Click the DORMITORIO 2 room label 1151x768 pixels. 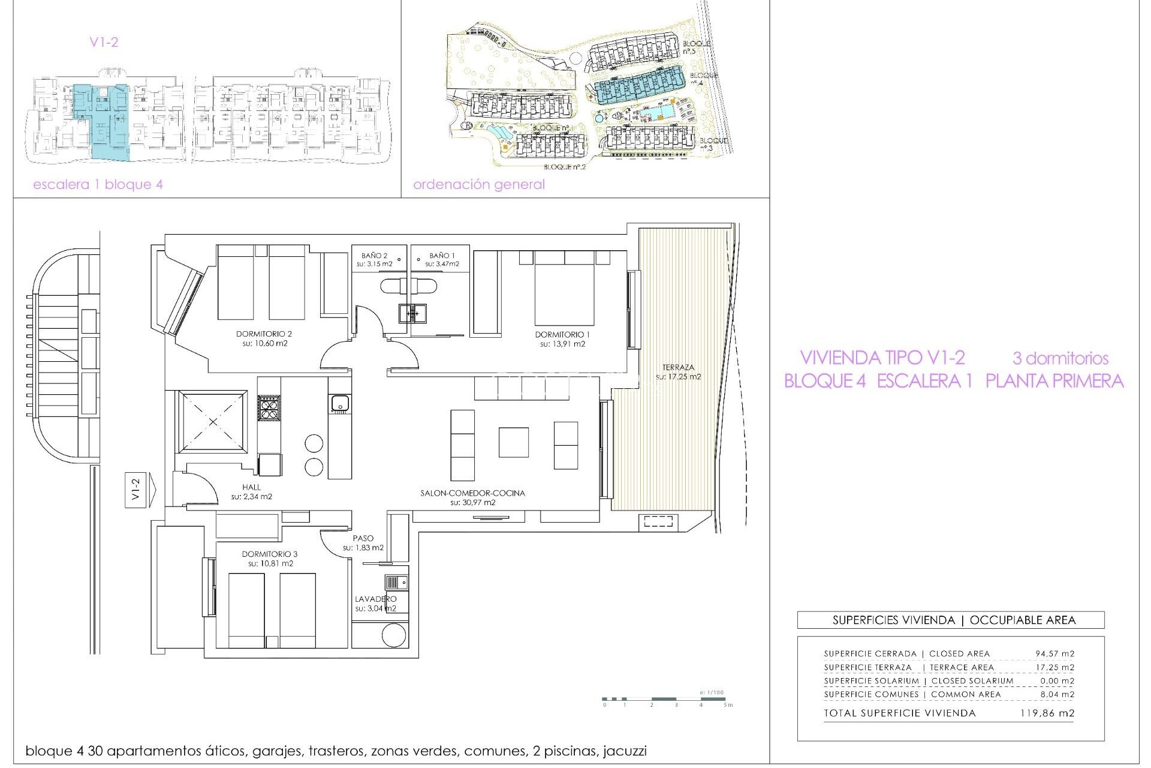(264, 334)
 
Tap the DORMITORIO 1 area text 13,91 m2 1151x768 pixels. (562, 344)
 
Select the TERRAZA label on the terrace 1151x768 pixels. (678, 367)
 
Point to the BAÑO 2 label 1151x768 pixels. (374, 256)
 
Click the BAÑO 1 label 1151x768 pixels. (442, 256)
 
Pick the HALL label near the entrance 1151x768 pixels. (252, 487)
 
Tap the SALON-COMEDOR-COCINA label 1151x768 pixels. (472, 493)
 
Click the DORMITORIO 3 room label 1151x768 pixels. (270, 554)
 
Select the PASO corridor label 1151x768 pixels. (363, 538)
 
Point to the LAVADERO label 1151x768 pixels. (375, 599)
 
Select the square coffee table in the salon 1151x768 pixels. (513, 442)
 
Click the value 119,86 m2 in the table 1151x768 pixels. (1047, 713)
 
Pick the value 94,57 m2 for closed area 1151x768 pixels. (1054, 653)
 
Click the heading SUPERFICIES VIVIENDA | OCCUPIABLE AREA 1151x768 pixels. (954, 620)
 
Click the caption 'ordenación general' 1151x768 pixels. (478, 185)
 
